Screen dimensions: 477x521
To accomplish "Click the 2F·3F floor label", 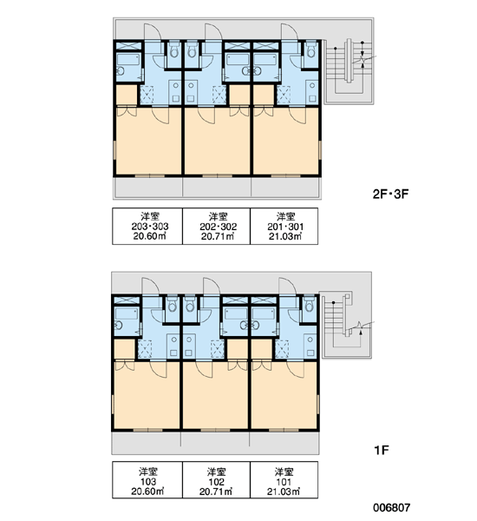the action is tap(390, 194).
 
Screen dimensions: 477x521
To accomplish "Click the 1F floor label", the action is tap(381, 450).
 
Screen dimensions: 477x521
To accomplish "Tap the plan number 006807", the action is tap(392, 508).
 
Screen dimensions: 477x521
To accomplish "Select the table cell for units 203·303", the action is tap(147, 227).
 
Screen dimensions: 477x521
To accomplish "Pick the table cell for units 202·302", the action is tap(217, 227).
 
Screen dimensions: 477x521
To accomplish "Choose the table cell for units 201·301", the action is tap(284, 227).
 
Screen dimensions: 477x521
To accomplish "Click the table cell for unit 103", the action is tap(147, 480).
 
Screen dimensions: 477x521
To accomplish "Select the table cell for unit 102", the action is tap(217, 480).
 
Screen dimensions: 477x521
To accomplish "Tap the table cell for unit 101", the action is tap(284, 480).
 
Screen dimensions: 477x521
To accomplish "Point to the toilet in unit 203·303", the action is tap(173, 49).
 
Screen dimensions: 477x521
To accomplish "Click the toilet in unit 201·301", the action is tap(310, 49).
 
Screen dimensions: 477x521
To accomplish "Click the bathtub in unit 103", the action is tap(127, 313).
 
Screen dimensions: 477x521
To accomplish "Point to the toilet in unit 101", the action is tap(309, 303).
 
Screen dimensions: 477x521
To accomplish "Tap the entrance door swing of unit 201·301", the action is tap(290, 32).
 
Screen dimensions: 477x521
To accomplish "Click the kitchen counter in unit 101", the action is tap(310, 346).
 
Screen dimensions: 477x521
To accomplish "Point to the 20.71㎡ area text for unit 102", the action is tap(217, 491).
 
